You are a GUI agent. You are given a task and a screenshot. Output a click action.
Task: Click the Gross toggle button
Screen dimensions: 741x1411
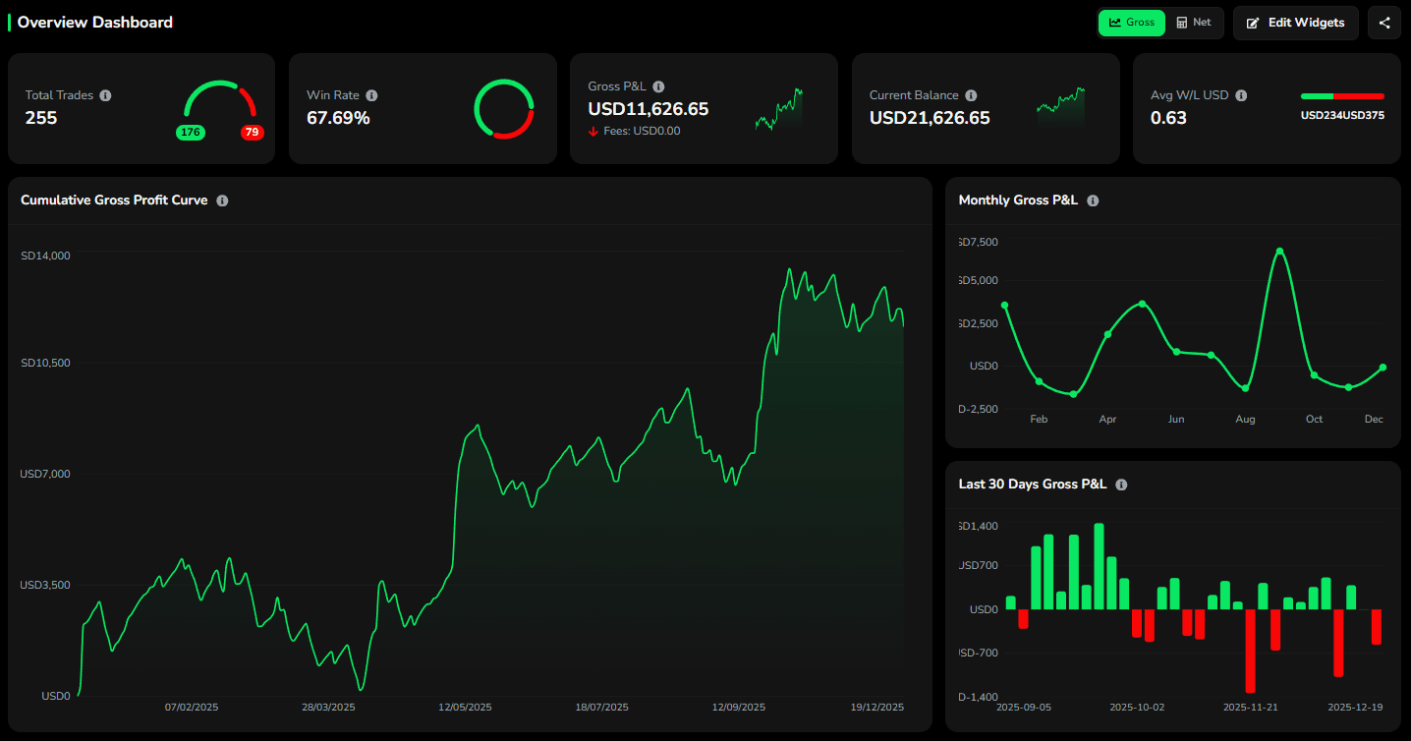(1131, 23)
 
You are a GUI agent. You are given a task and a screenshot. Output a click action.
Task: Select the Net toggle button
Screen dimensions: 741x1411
(1193, 23)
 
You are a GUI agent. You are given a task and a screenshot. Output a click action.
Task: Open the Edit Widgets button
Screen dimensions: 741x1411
(1295, 23)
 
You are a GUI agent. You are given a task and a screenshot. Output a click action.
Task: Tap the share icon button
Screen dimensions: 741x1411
(1383, 23)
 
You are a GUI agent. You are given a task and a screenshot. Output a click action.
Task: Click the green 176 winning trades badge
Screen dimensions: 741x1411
(190, 133)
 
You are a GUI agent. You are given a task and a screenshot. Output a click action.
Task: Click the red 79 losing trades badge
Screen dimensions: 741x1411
(253, 133)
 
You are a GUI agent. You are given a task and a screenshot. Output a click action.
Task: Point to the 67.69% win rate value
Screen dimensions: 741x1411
(338, 118)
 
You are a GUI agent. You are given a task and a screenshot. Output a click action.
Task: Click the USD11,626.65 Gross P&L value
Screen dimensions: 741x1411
(648, 109)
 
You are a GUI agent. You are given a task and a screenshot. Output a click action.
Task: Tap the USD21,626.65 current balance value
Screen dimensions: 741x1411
(930, 118)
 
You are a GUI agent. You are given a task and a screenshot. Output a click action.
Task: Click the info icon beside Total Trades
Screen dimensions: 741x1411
(105, 95)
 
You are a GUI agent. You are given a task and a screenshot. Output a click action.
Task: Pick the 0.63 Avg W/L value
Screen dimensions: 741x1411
(1168, 118)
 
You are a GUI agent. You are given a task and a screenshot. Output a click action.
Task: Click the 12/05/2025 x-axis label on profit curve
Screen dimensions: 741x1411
(465, 708)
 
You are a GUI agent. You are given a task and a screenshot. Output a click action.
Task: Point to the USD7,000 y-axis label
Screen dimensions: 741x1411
(45, 474)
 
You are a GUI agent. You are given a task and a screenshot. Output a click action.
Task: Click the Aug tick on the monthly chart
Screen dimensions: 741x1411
(1245, 420)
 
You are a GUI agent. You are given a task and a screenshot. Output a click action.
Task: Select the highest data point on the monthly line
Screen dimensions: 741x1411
(1279, 252)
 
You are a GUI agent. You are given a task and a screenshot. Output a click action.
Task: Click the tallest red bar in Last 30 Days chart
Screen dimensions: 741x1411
(1250, 651)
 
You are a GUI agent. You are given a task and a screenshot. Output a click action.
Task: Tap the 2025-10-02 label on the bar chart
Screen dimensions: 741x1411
(1137, 708)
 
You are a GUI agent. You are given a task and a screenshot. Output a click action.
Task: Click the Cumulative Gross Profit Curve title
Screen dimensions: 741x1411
(114, 200)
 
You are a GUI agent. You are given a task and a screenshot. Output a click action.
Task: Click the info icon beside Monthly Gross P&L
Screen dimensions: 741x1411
(1093, 200)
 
